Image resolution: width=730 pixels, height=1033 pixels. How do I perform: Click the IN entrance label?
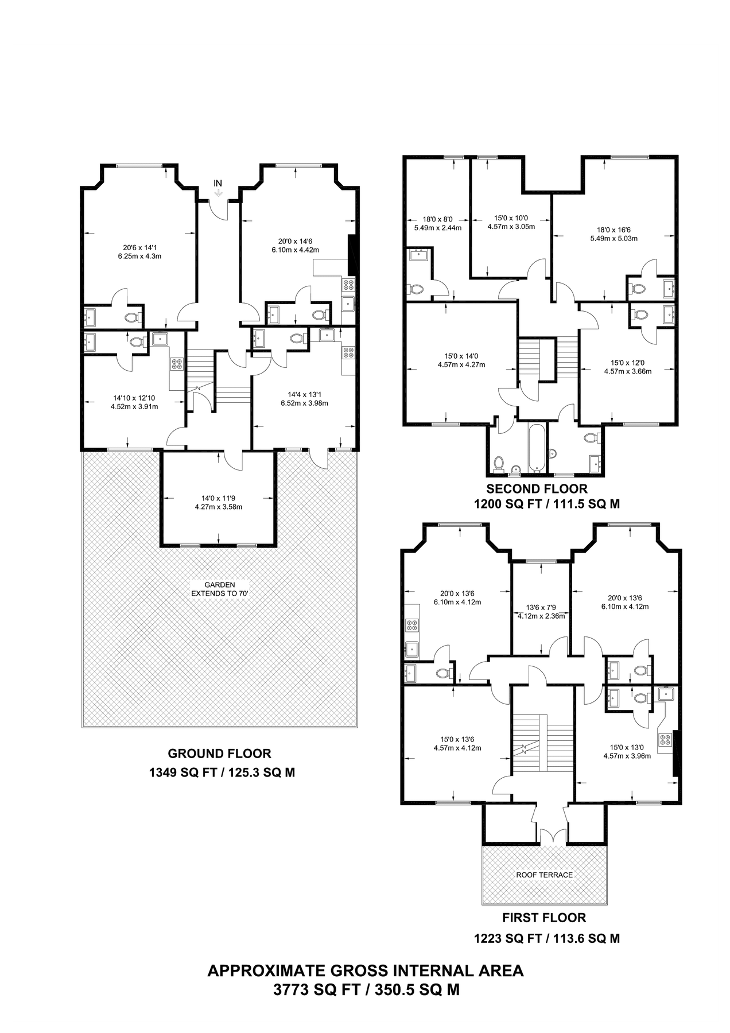coord(218,183)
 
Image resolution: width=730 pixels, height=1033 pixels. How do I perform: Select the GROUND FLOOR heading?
coord(219,754)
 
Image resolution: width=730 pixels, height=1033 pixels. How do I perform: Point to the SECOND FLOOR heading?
coord(537,489)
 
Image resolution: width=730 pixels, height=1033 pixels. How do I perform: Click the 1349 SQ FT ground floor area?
coord(222,772)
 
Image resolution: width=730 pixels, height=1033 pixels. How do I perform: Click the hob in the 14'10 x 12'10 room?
coord(177,364)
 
